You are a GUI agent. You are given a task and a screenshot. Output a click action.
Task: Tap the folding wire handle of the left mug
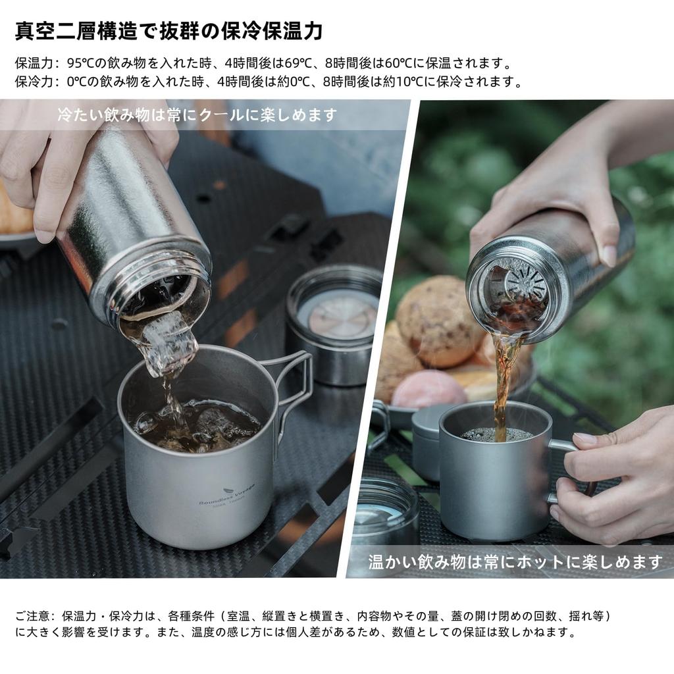pyautogui.click(x=297, y=378)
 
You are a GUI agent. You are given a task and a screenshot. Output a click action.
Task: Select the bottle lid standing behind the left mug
pyautogui.click(x=334, y=324)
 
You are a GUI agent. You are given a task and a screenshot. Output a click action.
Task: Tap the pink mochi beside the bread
pyautogui.click(x=428, y=390)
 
